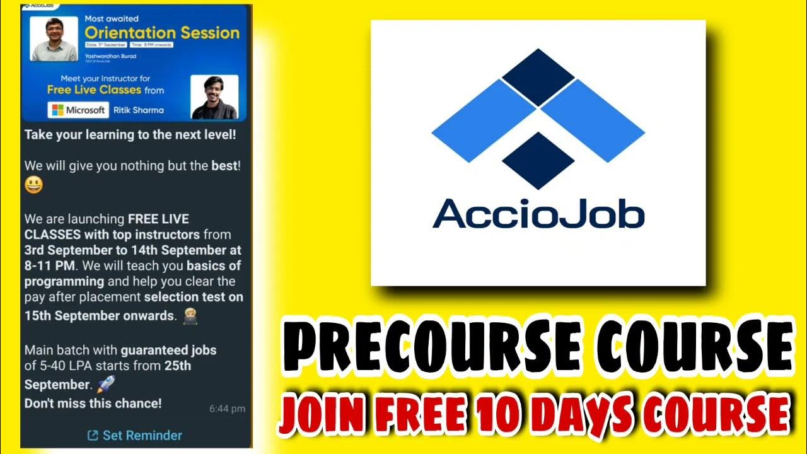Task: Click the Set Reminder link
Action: [x=134, y=435]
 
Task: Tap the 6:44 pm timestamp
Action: [x=227, y=409]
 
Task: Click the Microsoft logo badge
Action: [x=78, y=110]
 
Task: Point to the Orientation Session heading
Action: [x=162, y=33]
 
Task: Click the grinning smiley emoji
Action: [x=33, y=185]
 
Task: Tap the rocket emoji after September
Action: [x=105, y=384]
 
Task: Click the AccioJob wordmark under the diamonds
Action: [x=538, y=213]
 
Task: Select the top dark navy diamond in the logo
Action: [x=538, y=77]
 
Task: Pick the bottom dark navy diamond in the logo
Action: [x=538, y=160]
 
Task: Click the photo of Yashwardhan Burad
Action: [x=54, y=39]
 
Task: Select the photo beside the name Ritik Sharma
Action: [x=214, y=97]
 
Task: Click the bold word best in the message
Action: [x=225, y=166]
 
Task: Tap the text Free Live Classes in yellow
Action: [x=94, y=90]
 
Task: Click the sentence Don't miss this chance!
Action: [x=93, y=403]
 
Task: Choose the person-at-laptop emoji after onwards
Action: [x=189, y=315]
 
